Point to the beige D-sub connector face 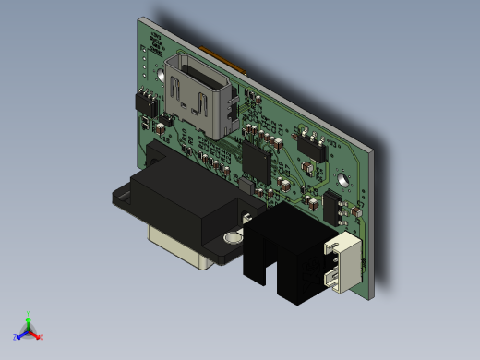174,249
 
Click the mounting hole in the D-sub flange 232,237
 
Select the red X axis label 42,337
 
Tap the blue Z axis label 16,337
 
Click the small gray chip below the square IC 246,188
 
